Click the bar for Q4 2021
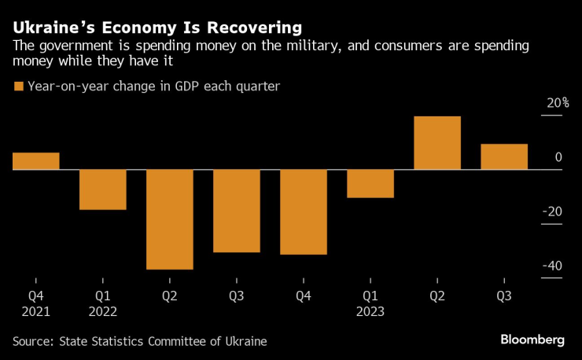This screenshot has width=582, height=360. (36, 161)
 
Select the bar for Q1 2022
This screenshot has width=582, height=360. (103, 189)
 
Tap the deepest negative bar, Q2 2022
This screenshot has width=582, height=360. (170, 219)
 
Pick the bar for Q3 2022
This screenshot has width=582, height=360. (237, 211)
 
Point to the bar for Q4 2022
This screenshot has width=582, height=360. (304, 212)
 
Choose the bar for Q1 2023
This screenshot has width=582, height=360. (370, 183)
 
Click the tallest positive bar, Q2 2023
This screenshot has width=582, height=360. (437, 143)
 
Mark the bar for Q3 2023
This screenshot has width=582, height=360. (504, 156)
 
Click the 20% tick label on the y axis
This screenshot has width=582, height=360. (558, 104)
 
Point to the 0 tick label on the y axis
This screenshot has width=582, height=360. (558, 158)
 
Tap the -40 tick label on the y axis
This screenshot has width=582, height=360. (552, 266)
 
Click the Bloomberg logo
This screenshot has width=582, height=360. (532, 340)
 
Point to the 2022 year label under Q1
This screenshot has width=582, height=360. (103, 311)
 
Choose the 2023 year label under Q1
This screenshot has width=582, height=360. (370, 311)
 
